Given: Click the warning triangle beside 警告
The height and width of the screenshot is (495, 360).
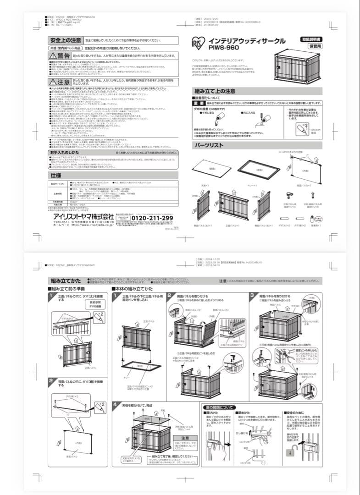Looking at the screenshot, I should [53, 55].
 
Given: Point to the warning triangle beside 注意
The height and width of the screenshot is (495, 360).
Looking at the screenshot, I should [53, 81].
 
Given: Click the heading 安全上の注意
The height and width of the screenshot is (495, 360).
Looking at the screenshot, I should [66, 40].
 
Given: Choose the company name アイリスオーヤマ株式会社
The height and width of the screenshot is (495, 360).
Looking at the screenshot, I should [76, 216].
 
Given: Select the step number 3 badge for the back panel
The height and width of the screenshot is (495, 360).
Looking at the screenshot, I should [252, 296].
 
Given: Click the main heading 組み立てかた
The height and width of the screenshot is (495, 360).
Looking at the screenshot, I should [65, 281].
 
